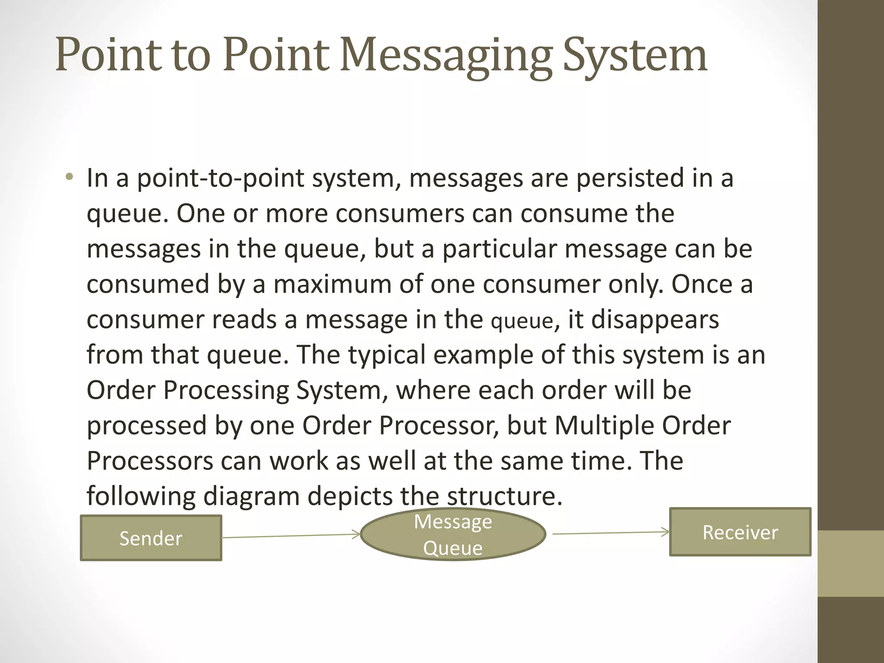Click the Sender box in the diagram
(151, 538)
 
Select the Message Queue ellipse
(453, 534)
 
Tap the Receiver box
(740, 532)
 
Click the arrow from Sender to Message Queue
(291, 536)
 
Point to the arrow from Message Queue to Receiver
(610, 533)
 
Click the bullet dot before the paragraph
(69, 177)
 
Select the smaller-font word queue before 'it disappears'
(522, 322)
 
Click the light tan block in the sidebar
(851, 563)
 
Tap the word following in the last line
(141, 497)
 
